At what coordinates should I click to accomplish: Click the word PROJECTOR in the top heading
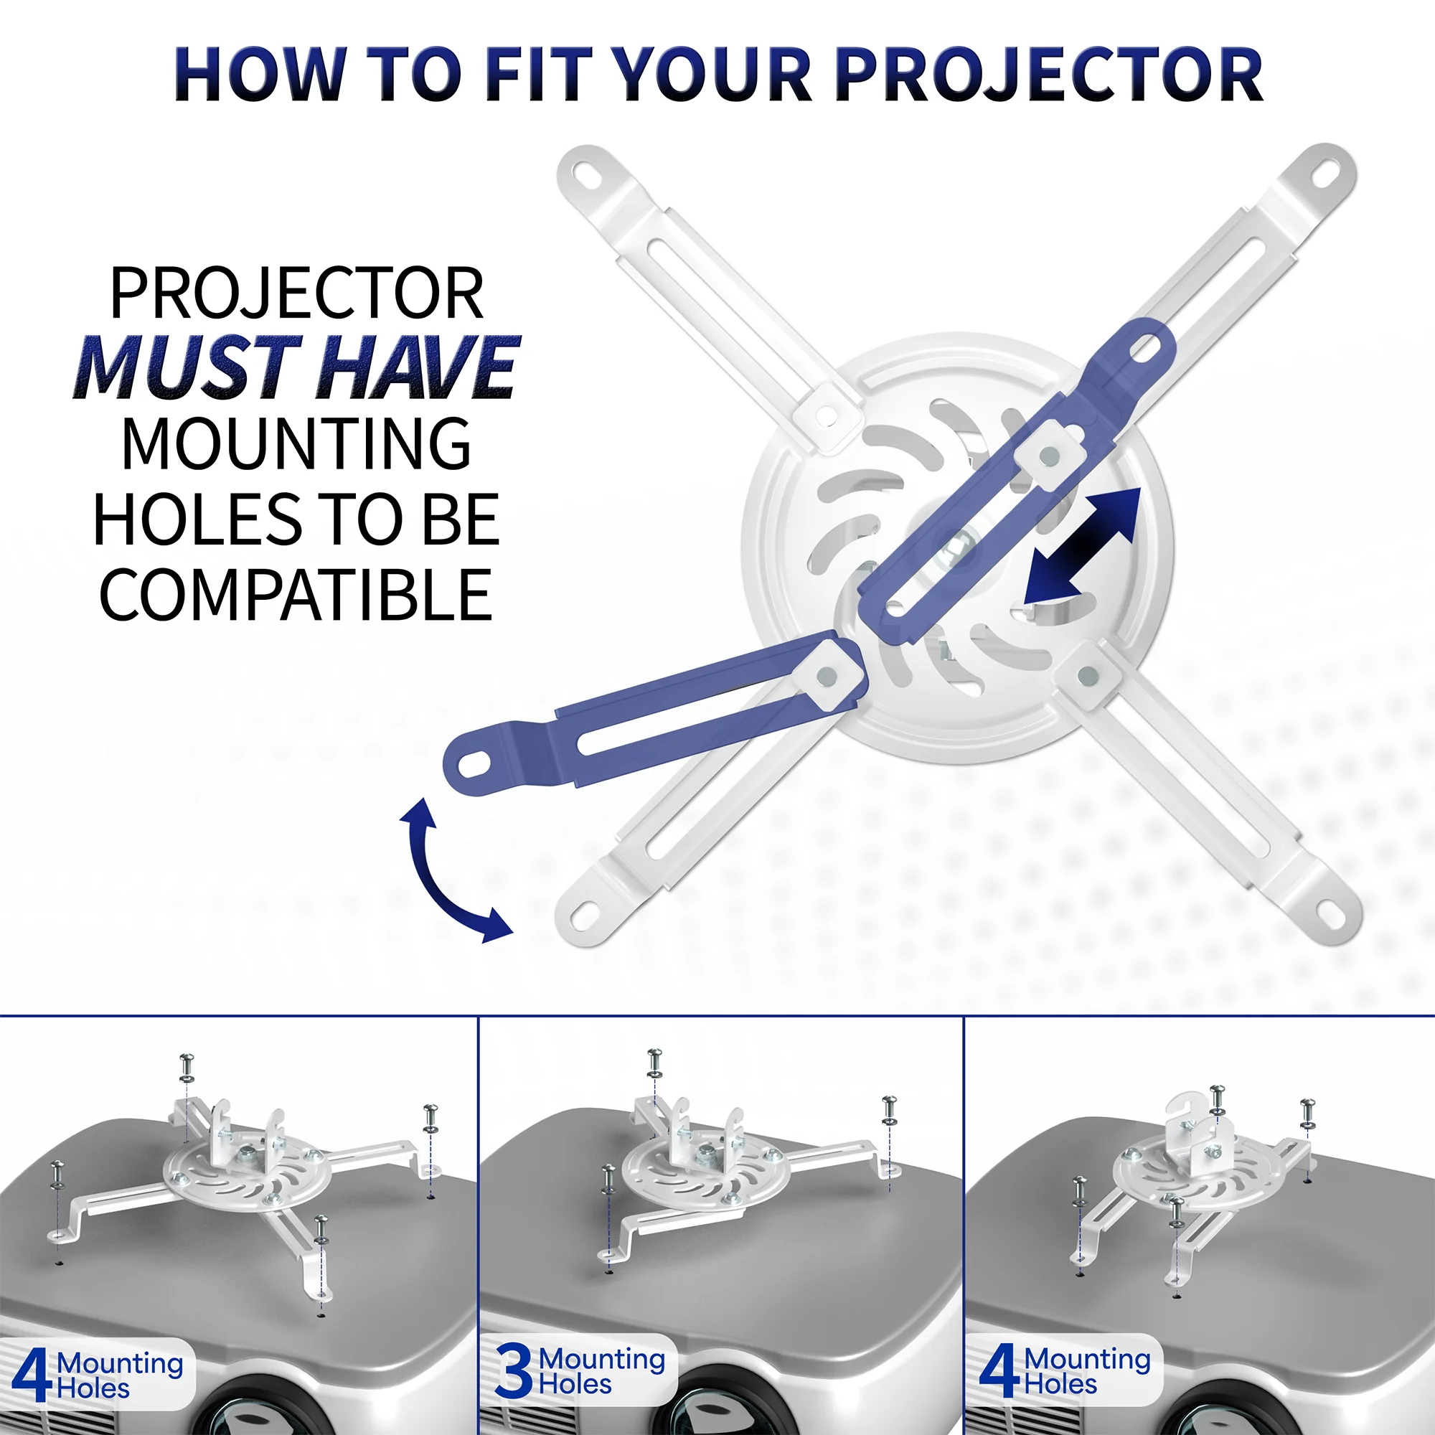pos(1049,75)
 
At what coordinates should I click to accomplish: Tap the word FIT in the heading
pos(540,75)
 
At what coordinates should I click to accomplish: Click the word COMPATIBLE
pos(296,596)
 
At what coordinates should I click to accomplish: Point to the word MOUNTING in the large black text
pos(296,444)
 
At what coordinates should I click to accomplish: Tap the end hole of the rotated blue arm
pos(479,761)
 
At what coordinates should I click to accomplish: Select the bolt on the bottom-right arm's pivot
pos(1088,674)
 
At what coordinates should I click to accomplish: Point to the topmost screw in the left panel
pos(187,1064)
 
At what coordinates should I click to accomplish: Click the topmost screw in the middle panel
pos(654,1060)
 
